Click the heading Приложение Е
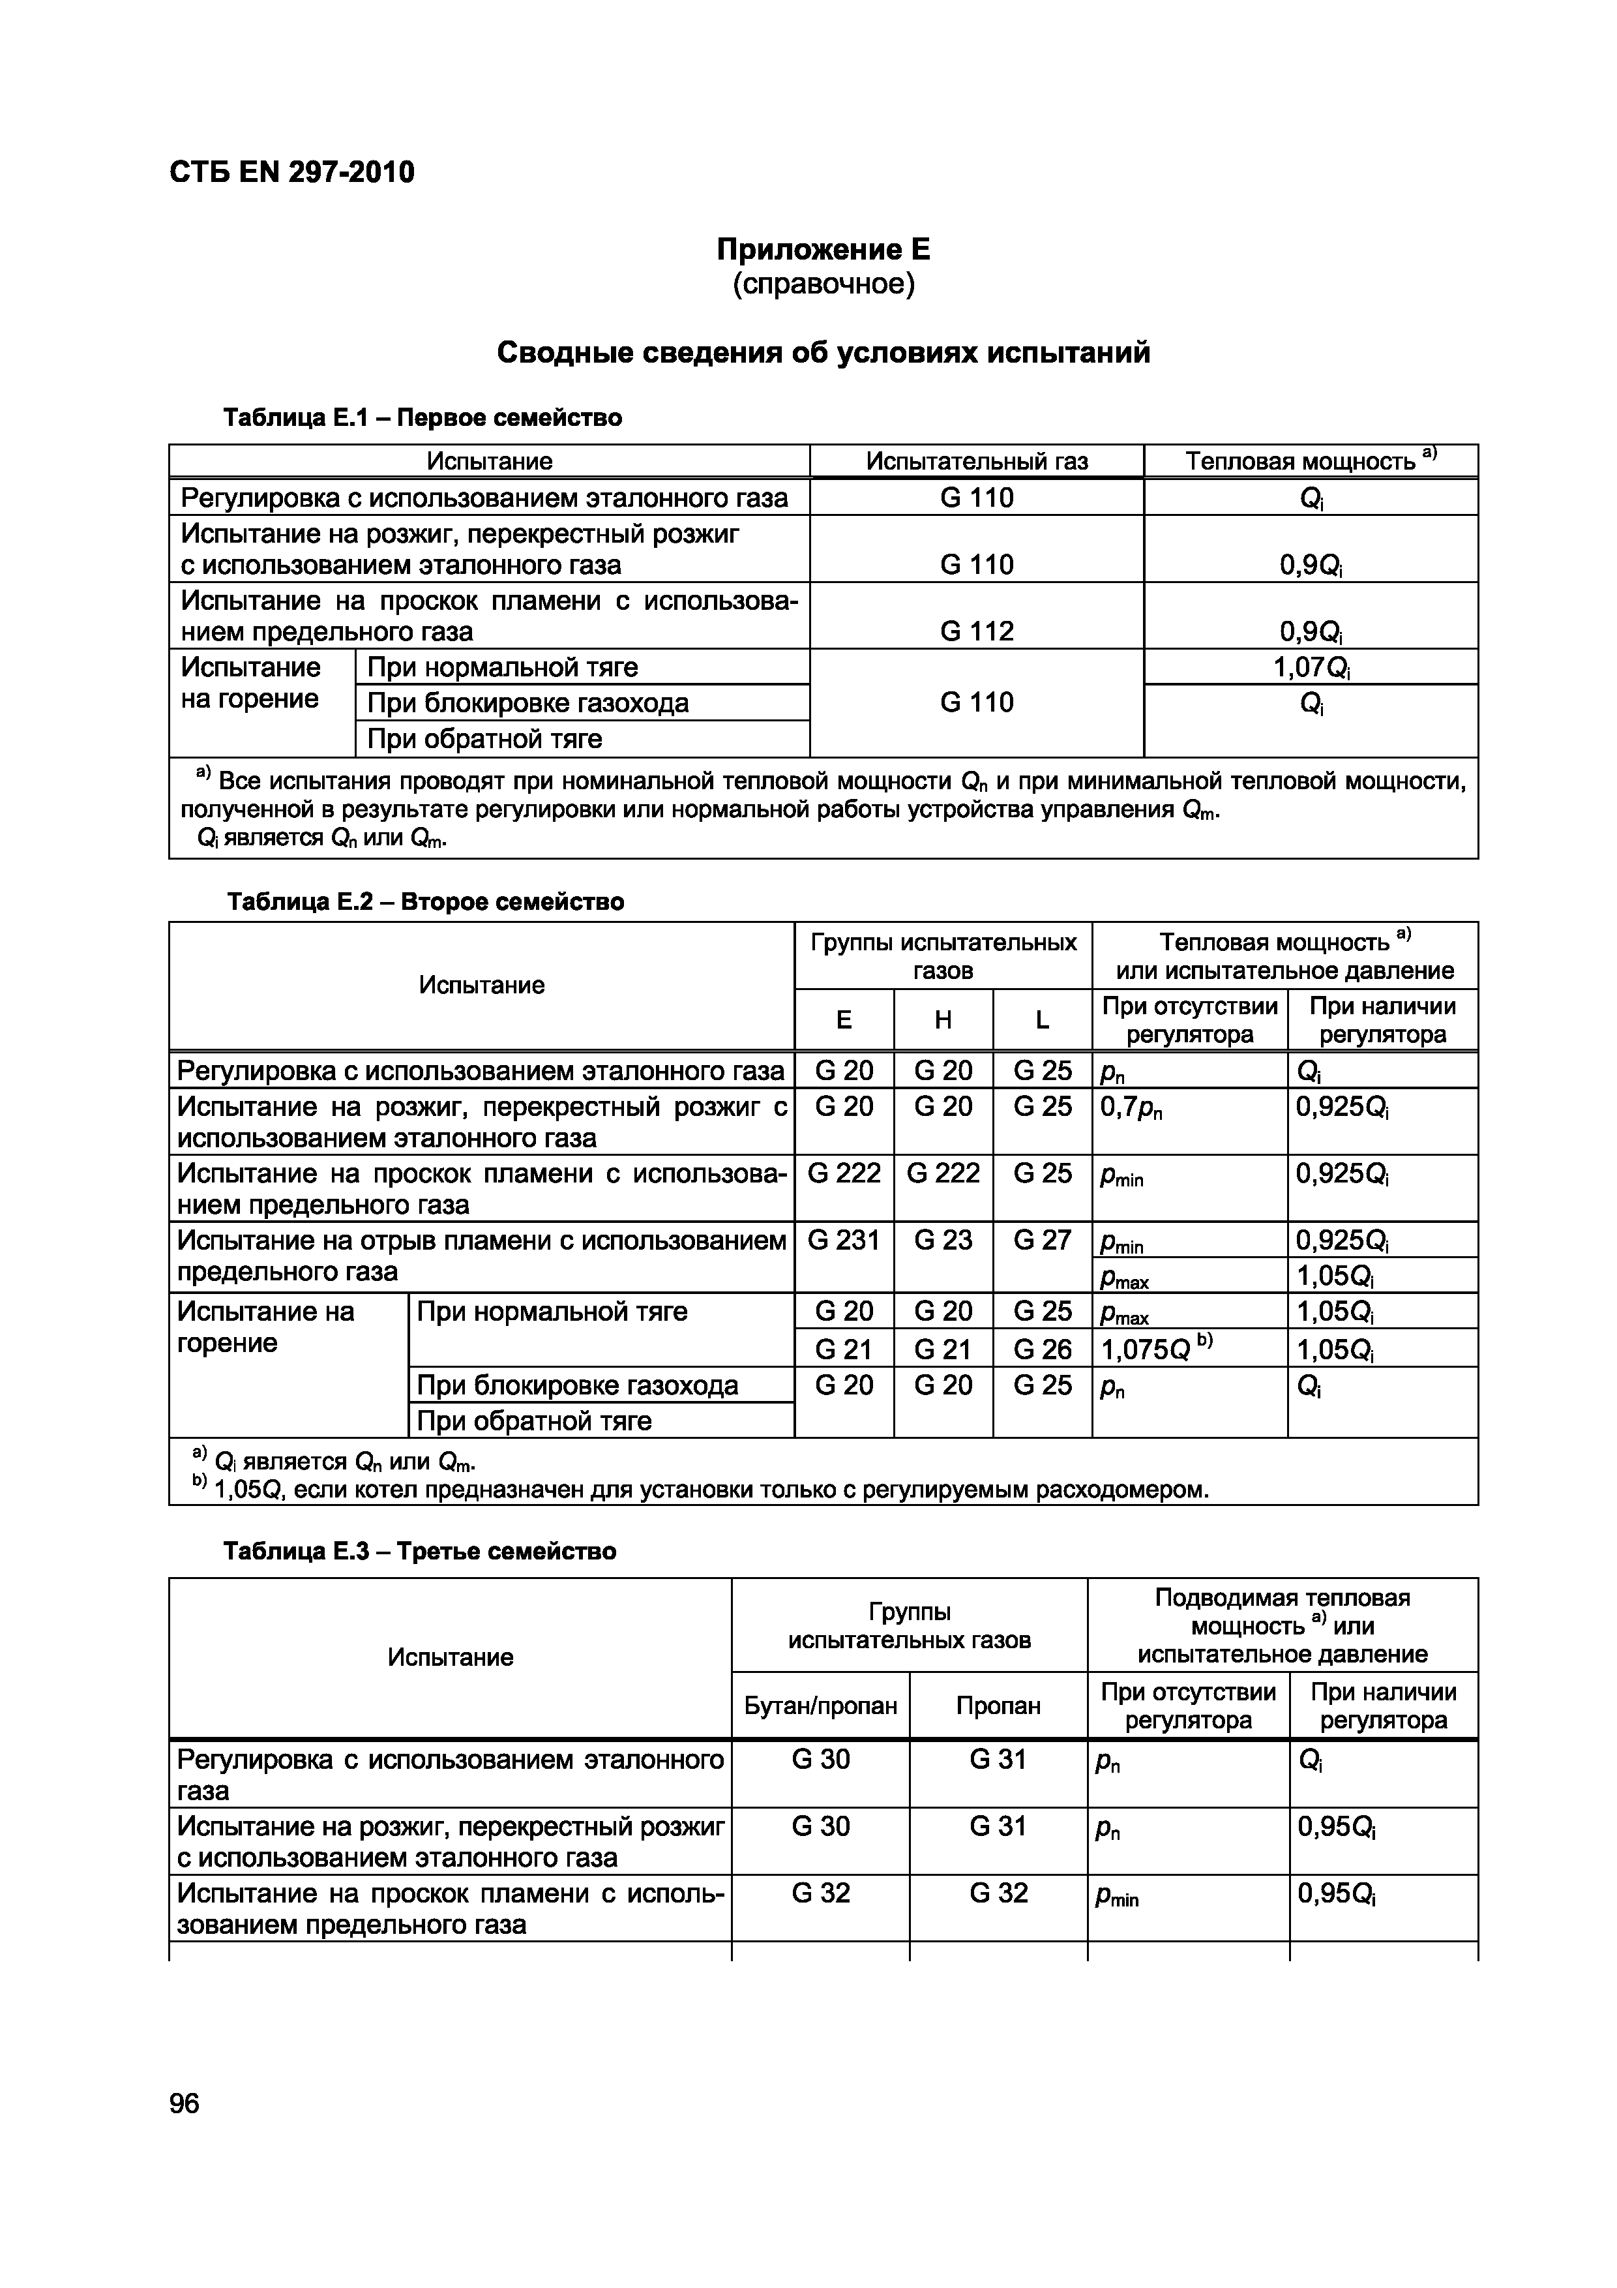tap(823, 249)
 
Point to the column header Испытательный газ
tap(976, 461)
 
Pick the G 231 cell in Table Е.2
tap(843, 1240)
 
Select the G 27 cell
tap(1041, 1240)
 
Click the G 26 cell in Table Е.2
tap(1041, 1349)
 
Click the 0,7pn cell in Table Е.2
tap(1131, 1107)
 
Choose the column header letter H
tap(943, 1019)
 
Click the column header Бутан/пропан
tap(820, 1705)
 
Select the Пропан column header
tap(998, 1705)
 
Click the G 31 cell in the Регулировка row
tap(998, 1759)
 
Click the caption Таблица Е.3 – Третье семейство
tap(419, 1552)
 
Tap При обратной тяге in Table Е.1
tap(484, 738)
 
